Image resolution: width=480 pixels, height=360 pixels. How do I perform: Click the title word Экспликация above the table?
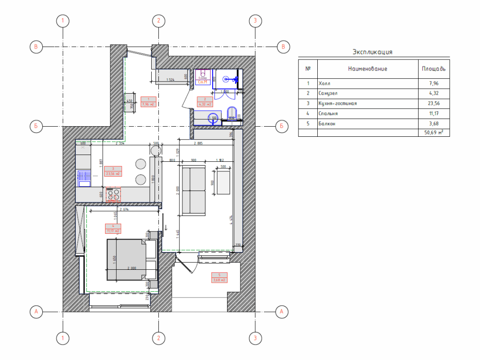pos(373,52)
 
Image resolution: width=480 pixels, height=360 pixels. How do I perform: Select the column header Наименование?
pos(367,69)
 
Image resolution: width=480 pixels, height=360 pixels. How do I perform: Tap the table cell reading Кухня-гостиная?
pos(337,103)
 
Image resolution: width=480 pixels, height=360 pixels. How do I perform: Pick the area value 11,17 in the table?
pos(434,114)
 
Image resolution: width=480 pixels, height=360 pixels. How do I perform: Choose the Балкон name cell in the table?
pos(326,124)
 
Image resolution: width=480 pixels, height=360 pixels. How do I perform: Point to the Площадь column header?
pos(433,69)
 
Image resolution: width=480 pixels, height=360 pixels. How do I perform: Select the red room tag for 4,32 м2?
pos(204,101)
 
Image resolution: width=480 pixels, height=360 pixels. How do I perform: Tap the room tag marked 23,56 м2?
pos(113,171)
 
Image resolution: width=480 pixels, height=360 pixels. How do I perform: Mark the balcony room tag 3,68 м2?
pos(218,277)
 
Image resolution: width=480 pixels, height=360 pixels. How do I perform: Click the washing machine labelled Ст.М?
pos(203,78)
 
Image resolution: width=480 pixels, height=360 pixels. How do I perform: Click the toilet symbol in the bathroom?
pos(232,114)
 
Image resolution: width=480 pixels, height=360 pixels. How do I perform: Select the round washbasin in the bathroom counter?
pos(213,118)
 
